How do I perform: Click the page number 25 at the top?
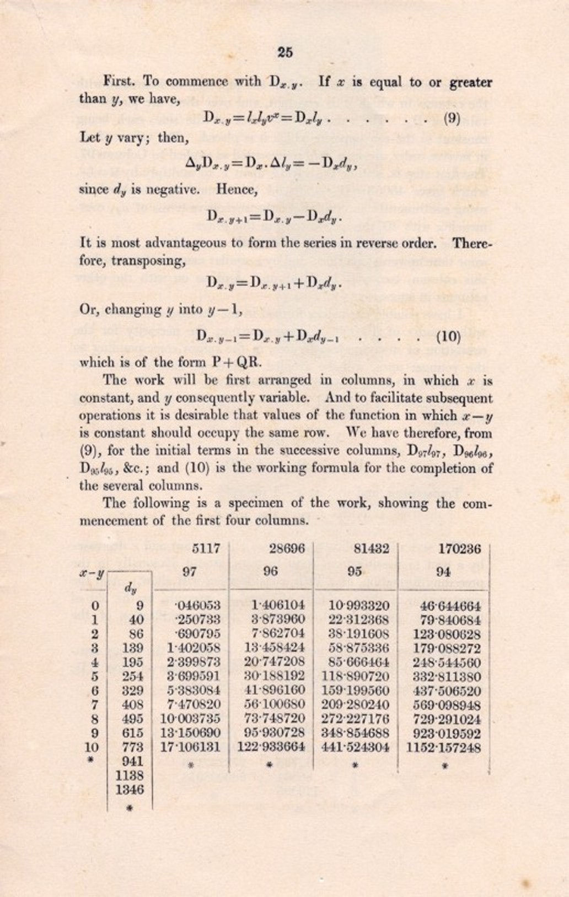point(285,52)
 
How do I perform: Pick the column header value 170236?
point(459,549)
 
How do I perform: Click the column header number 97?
point(190,571)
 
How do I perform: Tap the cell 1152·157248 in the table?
point(443,748)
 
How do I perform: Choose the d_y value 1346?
point(130,790)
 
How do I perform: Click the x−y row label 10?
point(92,748)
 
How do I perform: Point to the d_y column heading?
point(130,588)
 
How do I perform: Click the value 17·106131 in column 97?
point(190,748)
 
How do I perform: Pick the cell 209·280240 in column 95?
point(355,705)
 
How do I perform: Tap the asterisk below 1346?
point(130,808)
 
